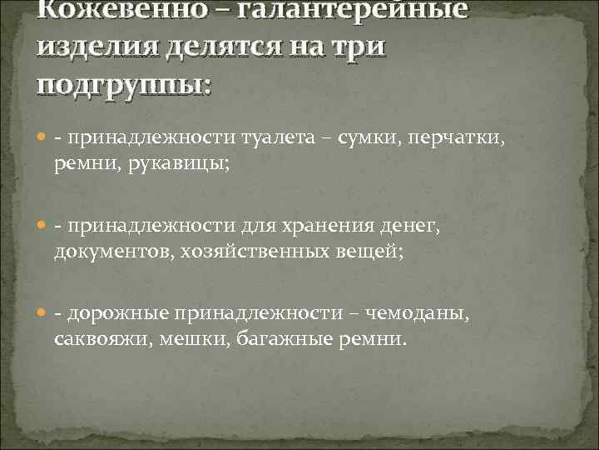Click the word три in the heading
point(359,47)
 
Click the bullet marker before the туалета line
point(43,136)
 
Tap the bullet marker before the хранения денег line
point(43,224)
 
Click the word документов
point(113,253)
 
